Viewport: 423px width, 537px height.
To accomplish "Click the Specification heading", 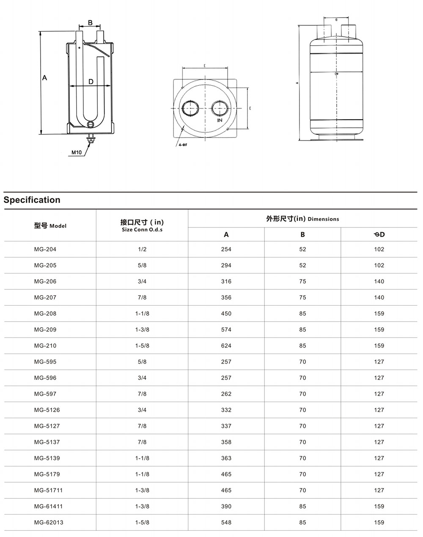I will click(32, 200).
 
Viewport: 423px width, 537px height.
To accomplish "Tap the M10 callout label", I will click(76, 152).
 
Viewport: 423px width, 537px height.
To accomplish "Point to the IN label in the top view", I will click(220, 121).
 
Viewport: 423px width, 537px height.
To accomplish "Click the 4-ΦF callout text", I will click(183, 145).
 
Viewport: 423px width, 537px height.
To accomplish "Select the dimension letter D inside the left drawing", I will click(91, 82).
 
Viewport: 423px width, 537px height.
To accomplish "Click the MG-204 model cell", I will click(45, 249).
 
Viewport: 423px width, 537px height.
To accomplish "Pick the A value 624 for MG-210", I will click(226, 346).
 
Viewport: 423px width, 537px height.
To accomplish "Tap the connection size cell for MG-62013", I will click(142, 523).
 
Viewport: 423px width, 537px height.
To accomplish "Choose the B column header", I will click(302, 235).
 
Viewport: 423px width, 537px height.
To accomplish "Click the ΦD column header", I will click(379, 235).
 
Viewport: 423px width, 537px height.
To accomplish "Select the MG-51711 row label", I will click(49, 490).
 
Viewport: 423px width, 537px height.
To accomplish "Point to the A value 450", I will click(226, 314).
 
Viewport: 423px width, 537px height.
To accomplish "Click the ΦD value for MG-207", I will click(379, 298).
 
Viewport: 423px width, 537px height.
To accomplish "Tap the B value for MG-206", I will click(302, 282).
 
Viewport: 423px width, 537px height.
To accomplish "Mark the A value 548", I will click(226, 523).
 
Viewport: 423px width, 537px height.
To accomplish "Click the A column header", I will click(226, 235).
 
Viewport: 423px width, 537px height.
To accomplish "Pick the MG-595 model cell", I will click(45, 362).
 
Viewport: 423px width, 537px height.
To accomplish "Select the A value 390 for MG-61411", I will click(226, 507).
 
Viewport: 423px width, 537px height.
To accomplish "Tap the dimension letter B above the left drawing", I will click(90, 22).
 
